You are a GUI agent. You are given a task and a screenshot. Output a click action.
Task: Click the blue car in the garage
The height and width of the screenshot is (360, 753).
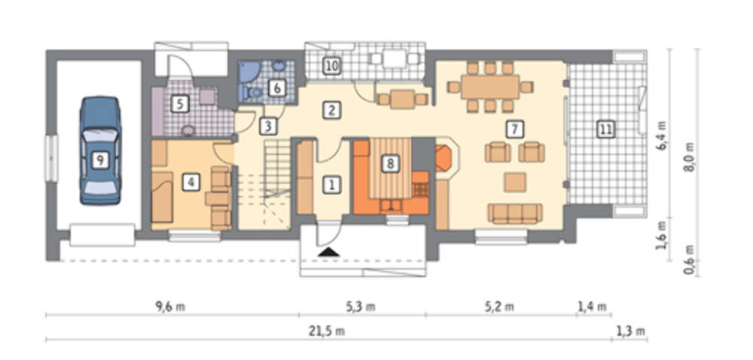tap(100, 151)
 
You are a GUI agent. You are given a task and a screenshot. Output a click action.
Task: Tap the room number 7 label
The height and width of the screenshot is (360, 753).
tap(514, 129)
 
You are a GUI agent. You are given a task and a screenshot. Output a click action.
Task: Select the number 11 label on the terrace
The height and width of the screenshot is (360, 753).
tap(605, 129)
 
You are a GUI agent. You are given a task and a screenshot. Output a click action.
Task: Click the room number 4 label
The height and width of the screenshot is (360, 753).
tap(191, 182)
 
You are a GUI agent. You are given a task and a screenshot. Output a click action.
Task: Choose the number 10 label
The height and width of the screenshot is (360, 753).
tap(331, 66)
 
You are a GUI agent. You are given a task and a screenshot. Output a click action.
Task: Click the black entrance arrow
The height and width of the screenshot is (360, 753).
tap(328, 252)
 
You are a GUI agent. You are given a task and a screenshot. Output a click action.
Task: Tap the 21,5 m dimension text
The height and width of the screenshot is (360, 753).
tap(328, 331)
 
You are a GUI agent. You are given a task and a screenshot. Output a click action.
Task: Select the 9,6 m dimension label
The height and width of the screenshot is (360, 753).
tap(170, 307)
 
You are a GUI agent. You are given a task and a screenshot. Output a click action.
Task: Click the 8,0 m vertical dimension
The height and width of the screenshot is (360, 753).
tap(691, 157)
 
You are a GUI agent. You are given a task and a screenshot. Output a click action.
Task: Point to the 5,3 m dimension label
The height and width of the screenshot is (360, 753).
tap(361, 307)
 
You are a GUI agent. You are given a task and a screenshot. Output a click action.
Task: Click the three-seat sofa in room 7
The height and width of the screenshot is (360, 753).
tap(515, 214)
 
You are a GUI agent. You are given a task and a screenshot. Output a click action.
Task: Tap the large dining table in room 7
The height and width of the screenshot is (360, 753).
tap(490, 87)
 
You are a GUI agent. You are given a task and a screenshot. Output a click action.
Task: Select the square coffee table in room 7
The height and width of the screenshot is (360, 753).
tap(515, 182)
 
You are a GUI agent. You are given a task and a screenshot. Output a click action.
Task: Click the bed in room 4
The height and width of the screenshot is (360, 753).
tap(162, 197)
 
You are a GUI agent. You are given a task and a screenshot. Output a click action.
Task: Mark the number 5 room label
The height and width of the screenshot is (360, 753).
tap(180, 103)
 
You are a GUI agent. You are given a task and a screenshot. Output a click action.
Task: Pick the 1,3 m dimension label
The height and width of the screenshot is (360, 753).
tap(630, 331)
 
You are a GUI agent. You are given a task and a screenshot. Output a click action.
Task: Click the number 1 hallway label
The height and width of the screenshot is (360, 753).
tap(331, 185)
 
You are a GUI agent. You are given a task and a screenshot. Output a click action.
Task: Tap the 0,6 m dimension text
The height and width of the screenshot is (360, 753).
tap(691, 260)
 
